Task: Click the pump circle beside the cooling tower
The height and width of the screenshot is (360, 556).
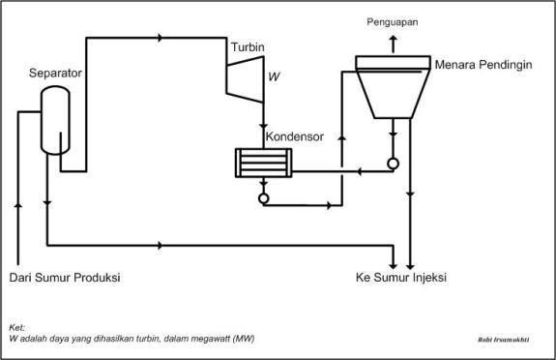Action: (393, 163)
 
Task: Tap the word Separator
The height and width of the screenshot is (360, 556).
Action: (55, 73)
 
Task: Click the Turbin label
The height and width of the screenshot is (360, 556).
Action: (247, 47)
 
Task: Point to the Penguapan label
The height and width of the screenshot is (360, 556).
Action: (393, 20)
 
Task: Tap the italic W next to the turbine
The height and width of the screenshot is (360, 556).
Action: (274, 74)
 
